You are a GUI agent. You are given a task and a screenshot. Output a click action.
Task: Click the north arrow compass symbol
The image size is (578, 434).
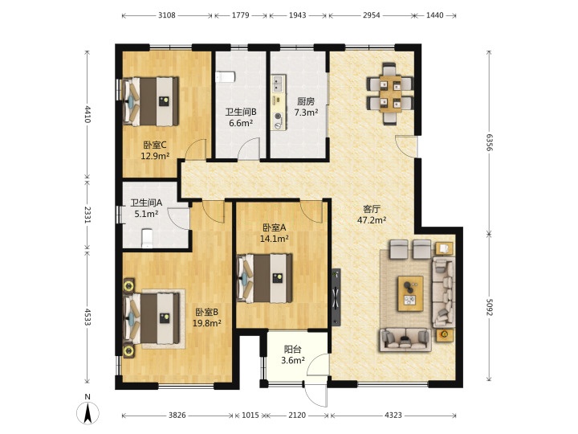coord(88,412)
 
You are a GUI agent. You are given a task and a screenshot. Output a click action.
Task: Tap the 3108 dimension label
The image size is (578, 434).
coord(167,15)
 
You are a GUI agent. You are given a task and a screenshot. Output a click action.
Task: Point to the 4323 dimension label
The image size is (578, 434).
coord(393,416)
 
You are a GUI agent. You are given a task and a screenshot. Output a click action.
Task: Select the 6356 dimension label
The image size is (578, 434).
coord(489,142)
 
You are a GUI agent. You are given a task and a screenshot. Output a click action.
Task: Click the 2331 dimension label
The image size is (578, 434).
coord(88,215)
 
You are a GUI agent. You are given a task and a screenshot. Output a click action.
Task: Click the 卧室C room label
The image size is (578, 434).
coord(155,145)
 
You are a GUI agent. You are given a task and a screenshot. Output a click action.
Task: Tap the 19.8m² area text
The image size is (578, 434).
coord(207,323)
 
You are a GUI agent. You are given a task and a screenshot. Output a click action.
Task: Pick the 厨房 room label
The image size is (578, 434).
coord(306,101)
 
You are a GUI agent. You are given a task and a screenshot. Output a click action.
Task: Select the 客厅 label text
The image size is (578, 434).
coord(372,209)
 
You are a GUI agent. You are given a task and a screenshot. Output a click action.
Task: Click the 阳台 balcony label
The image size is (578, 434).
coord(293,349)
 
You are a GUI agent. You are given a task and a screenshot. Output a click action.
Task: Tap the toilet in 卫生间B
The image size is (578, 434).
coord(225,77)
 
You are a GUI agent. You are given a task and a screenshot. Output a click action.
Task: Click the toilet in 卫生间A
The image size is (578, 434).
coord(147,238)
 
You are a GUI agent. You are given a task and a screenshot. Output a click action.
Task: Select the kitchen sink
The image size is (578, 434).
coord(278,84)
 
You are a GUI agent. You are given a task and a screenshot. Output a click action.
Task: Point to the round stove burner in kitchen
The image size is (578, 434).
coord(279,117)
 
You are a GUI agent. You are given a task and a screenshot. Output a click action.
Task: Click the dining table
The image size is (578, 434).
coord(390,94)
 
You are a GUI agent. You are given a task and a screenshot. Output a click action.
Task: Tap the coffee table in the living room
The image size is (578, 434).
coord(410,293)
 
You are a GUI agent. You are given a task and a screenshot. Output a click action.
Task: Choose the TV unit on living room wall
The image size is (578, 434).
coord(336,297)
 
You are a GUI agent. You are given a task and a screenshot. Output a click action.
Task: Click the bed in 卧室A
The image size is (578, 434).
coord(265,278)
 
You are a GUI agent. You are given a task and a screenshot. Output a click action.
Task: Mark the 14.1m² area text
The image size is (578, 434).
coord(275,239)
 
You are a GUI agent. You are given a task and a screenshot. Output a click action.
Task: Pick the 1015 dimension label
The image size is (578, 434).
coord(250,416)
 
